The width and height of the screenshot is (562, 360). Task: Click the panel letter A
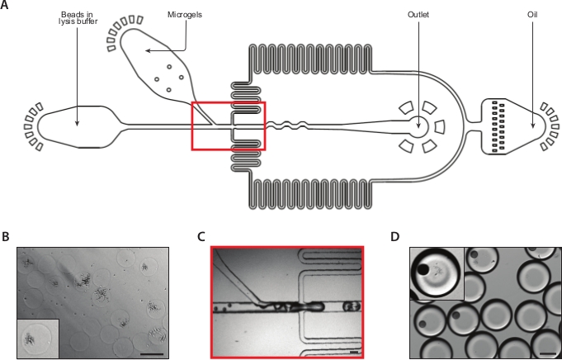4,5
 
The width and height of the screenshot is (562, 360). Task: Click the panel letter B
6,237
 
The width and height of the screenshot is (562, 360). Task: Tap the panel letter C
201,237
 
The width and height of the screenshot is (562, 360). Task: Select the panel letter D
394,237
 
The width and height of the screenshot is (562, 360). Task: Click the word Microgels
185,15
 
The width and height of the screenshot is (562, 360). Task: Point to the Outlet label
418,15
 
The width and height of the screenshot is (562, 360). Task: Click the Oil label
532,15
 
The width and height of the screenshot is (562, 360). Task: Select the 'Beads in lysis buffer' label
78,18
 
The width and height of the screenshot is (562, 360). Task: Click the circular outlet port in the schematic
418,127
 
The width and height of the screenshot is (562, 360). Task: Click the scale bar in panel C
353,353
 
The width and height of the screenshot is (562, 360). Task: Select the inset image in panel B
38,339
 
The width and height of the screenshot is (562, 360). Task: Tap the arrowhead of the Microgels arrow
148,51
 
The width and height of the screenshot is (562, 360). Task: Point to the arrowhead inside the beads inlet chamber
77,123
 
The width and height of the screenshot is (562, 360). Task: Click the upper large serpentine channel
310,59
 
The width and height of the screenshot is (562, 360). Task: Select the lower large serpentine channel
310,194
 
